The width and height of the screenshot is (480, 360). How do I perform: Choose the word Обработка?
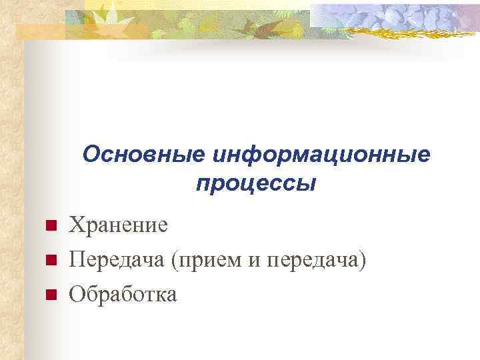point(123,293)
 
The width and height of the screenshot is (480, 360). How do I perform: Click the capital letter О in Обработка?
point(76,293)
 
